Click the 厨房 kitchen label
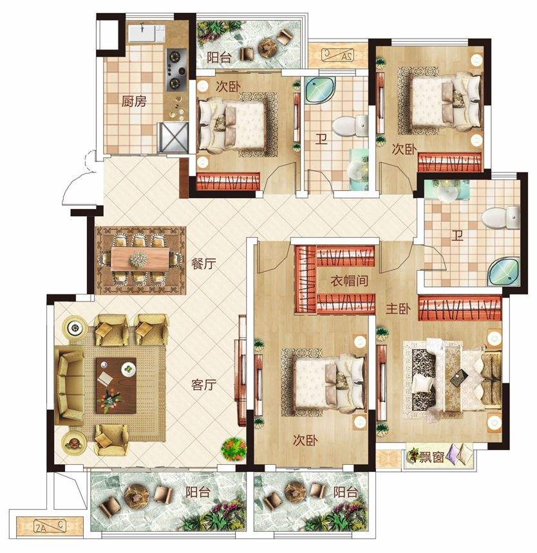pos(134,102)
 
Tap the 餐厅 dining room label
pos(203,264)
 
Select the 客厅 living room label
pos(203,385)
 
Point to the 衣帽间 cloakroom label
pos(350,281)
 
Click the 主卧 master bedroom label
pos(399,309)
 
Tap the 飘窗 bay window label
pos(431,457)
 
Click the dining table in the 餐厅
pos(140,259)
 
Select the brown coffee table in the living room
pos(117,385)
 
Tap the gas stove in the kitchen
pos(176,69)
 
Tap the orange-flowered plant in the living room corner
pos(234,449)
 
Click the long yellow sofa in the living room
pos(69,385)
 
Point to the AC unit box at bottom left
pos(50,528)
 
